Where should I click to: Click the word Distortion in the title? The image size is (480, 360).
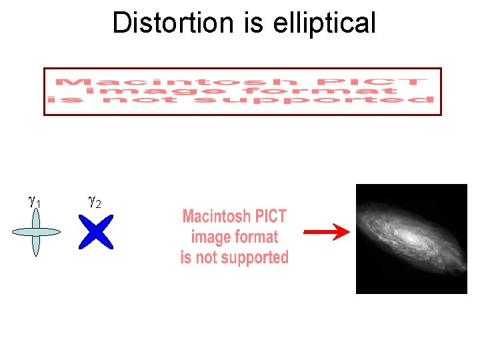point(174,23)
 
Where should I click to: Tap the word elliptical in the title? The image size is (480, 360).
point(325,23)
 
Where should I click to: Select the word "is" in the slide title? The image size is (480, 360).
point(255,23)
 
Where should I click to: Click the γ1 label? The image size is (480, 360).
point(35,201)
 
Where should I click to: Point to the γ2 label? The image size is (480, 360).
point(94,201)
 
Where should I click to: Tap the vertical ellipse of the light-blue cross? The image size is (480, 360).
point(36,247)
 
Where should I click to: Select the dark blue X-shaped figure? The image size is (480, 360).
point(96,232)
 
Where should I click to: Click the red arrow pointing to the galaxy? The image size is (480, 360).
point(326,232)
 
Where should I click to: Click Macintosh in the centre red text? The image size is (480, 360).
point(217,217)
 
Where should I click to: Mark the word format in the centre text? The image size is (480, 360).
point(253,237)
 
